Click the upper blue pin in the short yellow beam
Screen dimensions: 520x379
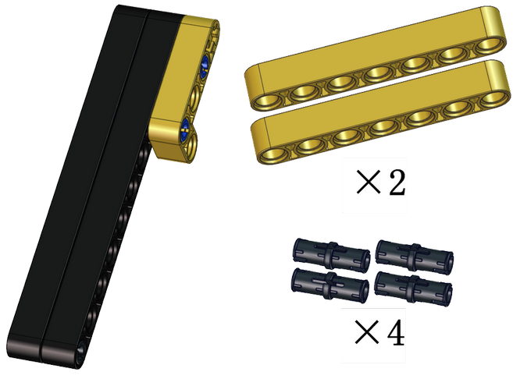coord(205,66)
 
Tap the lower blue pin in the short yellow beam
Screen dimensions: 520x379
coord(185,130)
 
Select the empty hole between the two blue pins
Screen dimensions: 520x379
coord(194,97)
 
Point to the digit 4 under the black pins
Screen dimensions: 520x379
coord(396,332)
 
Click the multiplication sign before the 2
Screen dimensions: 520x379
coord(368,182)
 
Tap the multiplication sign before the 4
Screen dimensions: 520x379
coord(366,332)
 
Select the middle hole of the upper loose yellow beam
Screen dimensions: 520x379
coord(379,73)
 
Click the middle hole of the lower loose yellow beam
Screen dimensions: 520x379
coord(384,128)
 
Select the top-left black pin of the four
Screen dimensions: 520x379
coord(331,255)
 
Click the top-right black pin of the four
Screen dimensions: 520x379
coord(415,257)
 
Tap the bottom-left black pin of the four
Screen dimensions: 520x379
coord(330,285)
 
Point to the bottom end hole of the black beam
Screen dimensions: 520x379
coord(80,351)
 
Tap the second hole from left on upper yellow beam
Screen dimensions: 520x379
coord(303,93)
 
